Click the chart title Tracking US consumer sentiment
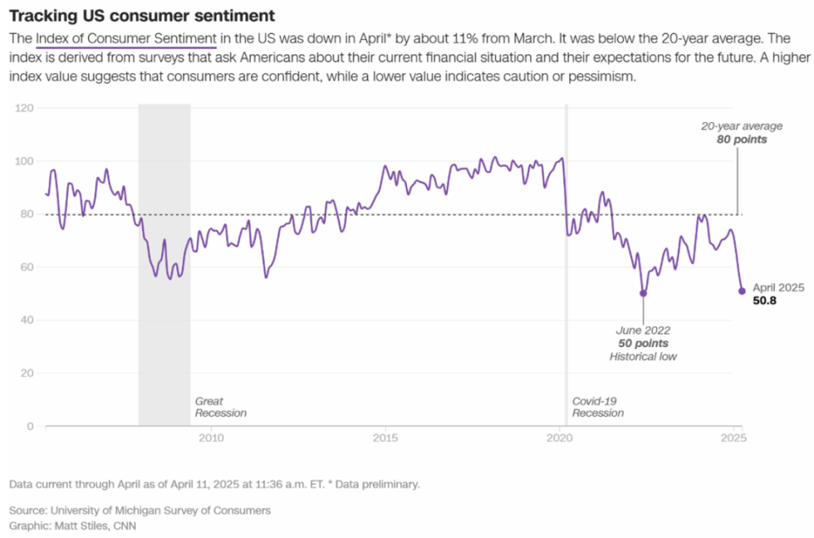tap(142, 16)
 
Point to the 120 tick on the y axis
tap(25, 109)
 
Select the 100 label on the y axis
tap(25, 161)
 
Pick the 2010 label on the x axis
tap(211, 439)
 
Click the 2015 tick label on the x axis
tap(386, 439)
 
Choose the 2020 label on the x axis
tap(560, 439)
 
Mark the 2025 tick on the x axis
tap(733, 439)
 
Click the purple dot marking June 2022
tap(643, 294)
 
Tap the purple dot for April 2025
tap(742, 291)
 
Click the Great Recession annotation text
tap(220, 406)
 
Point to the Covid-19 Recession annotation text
tap(598, 406)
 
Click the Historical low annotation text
tap(643, 357)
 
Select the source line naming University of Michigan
tap(141, 510)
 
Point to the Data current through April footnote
tap(215, 485)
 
